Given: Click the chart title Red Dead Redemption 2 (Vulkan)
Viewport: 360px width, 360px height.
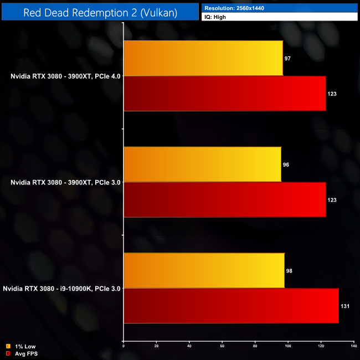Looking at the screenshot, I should point(100,12).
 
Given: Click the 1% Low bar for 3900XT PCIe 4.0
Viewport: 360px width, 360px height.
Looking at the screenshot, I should point(203,58).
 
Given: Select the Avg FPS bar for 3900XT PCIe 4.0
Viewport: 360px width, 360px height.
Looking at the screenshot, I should point(224,94).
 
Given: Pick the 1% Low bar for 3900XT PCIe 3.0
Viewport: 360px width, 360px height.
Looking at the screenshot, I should point(202,164).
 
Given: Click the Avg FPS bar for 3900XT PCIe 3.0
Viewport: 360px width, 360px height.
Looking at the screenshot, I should point(224,199).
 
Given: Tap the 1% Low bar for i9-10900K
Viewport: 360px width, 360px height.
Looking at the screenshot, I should point(204,270).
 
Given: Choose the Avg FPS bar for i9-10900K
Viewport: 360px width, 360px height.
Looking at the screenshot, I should point(230,306).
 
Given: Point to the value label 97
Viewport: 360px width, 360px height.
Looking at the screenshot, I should point(287,58).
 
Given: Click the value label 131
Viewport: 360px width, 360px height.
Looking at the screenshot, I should point(345,306).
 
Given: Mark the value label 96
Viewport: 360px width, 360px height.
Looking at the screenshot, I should point(286,164).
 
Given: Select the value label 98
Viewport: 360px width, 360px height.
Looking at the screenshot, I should point(289,270).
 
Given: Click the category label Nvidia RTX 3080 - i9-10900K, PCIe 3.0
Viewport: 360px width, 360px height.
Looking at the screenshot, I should point(61,288).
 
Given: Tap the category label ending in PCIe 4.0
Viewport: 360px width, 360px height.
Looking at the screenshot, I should point(65,76).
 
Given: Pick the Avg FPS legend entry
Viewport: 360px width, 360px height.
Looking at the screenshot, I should point(20,353).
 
